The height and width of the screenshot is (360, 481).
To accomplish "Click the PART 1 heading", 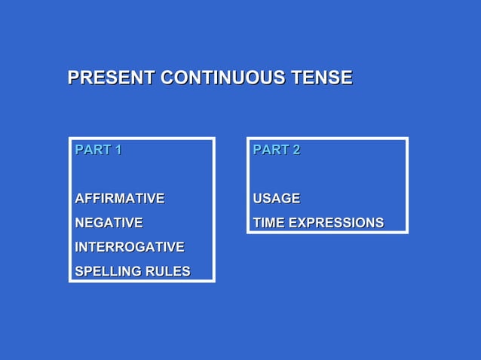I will [x=98, y=150].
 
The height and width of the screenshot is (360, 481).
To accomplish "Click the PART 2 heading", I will [x=276, y=150].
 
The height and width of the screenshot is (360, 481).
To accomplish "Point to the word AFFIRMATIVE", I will [x=119, y=199].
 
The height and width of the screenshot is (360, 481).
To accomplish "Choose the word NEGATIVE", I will [x=109, y=223].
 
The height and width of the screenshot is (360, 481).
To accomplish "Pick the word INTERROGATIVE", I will [x=129, y=247].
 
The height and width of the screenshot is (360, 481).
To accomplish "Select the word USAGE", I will [x=276, y=199].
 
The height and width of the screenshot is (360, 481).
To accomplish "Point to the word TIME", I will [x=268, y=223].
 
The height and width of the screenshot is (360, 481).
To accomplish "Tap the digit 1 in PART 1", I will [x=117, y=150].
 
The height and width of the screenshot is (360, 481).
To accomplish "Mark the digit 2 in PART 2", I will [x=296, y=150].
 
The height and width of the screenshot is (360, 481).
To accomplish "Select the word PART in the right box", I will [x=270, y=150].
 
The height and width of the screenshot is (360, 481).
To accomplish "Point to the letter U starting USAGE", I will [x=258, y=199].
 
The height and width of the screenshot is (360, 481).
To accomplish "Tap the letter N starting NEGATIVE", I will [x=80, y=223].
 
